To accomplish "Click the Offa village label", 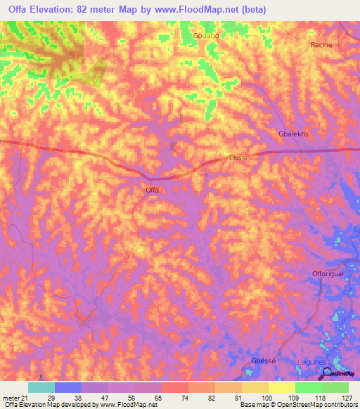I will click(x=152, y=190).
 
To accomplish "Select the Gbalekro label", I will click(x=293, y=134).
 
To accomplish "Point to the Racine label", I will click(x=321, y=45).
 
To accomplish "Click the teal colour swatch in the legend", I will click(x=41, y=387).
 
